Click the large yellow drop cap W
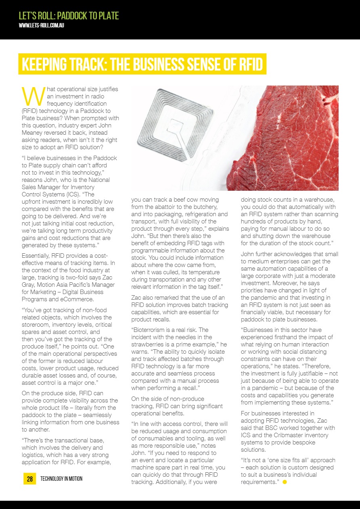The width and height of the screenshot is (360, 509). tap(32, 95)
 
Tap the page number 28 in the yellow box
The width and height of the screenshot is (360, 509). tap(29, 479)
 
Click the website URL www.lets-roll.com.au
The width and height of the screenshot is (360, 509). tap(42, 25)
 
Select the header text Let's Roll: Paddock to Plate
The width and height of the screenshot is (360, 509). tap(69, 16)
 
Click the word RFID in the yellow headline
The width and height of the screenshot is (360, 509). tap(247, 65)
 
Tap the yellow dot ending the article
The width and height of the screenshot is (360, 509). tap(285, 482)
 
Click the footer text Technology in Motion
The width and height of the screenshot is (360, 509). tap(61, 479)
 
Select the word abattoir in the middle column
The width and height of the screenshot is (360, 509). tap(172, 207)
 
